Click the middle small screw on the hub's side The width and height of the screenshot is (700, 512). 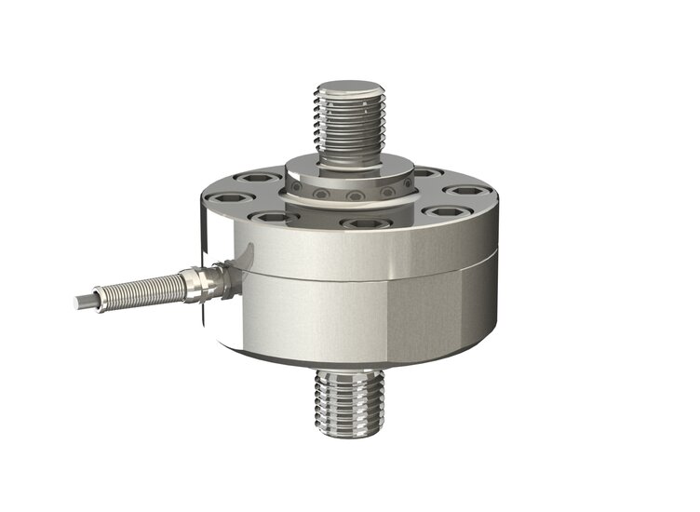352,197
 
